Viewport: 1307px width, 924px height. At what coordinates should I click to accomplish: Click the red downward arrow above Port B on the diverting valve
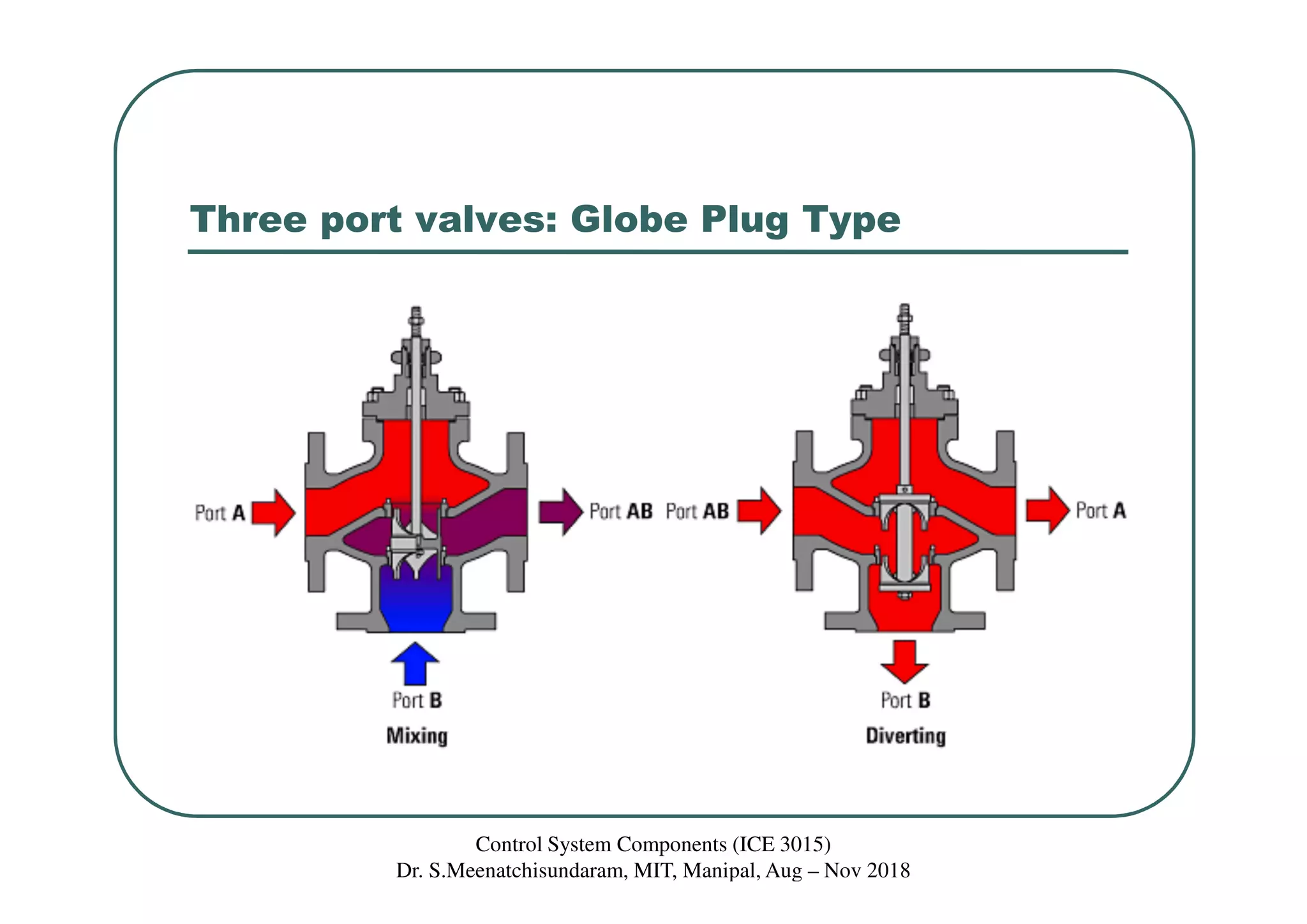point(904,661)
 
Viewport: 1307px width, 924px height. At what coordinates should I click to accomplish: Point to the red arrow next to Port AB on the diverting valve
point(759,511)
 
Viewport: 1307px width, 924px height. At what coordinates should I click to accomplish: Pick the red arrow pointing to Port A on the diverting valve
point(1047,510)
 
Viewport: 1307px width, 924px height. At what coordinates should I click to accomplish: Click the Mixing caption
point(417,736)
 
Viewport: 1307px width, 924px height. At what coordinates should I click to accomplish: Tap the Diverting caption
point(905,736)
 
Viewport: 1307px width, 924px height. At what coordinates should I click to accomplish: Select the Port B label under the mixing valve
point(417,701)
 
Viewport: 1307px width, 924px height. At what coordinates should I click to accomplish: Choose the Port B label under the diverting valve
point(905,701)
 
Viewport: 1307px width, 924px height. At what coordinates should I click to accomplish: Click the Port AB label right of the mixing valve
point(620,511)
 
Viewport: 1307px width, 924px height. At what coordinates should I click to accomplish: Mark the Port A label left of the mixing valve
point(220,513)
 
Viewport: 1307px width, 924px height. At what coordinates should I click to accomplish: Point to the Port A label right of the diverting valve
point(1100,511)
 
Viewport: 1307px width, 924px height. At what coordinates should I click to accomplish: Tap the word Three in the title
point(249,220)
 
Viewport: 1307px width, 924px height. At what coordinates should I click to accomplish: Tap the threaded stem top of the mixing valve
point(416,319)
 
